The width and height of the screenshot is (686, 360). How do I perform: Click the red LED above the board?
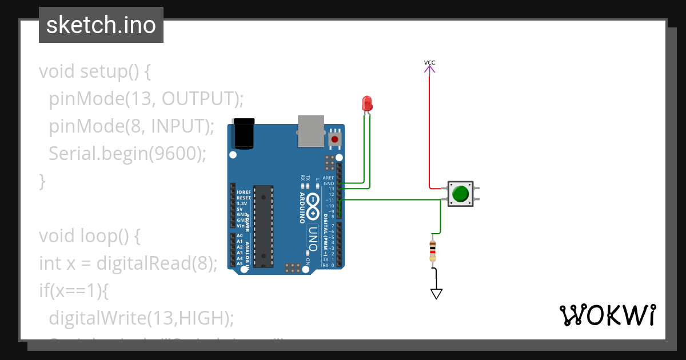[367, 103]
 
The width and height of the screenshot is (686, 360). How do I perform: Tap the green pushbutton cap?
[460, 194]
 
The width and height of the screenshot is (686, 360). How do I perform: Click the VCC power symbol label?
[429, 62]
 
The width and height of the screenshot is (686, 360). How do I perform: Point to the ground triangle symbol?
[436, 294]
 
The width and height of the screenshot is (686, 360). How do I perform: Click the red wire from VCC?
[429, 131]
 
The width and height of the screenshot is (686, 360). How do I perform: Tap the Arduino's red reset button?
[334, 138]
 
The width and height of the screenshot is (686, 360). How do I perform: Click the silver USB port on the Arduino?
[311, 130]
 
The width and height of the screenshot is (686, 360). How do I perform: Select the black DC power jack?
[244, 133]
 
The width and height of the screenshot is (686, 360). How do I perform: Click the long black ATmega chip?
[263, 226]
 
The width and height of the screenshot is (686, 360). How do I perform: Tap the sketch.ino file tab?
[101, 25]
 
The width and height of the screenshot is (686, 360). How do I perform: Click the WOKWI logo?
[607, 315]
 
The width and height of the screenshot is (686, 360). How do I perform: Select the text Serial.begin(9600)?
[127, 154]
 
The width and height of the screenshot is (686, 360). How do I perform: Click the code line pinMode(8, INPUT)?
[131, 126]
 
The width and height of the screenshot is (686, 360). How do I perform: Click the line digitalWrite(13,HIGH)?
[141, 318]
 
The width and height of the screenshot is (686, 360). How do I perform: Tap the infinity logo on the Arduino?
[313, 207]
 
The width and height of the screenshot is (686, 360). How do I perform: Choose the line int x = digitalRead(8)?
[129, 263]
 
